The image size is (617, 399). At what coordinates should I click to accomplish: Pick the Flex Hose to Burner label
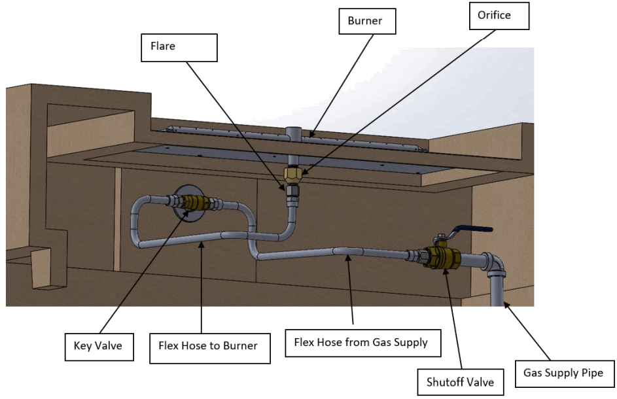point(208,346)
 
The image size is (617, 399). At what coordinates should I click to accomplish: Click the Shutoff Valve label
point(460,381)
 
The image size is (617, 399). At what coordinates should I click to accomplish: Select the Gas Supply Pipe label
point(563,373)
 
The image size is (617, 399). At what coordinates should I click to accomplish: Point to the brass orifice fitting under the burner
point(293,174)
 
